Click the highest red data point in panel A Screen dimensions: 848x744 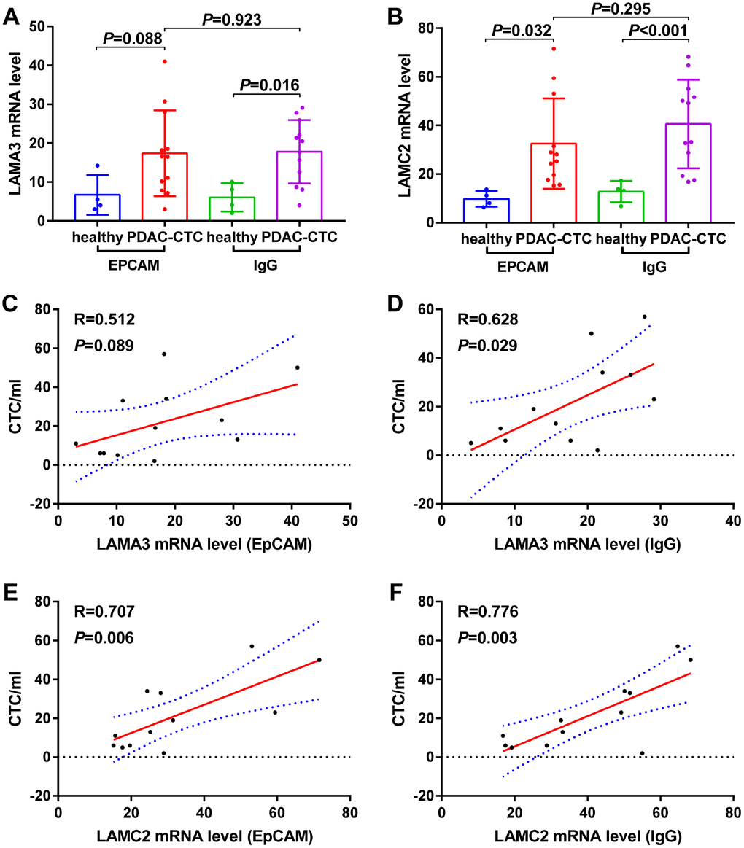(166, 61)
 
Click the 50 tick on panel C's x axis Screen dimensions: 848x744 (350, 521)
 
